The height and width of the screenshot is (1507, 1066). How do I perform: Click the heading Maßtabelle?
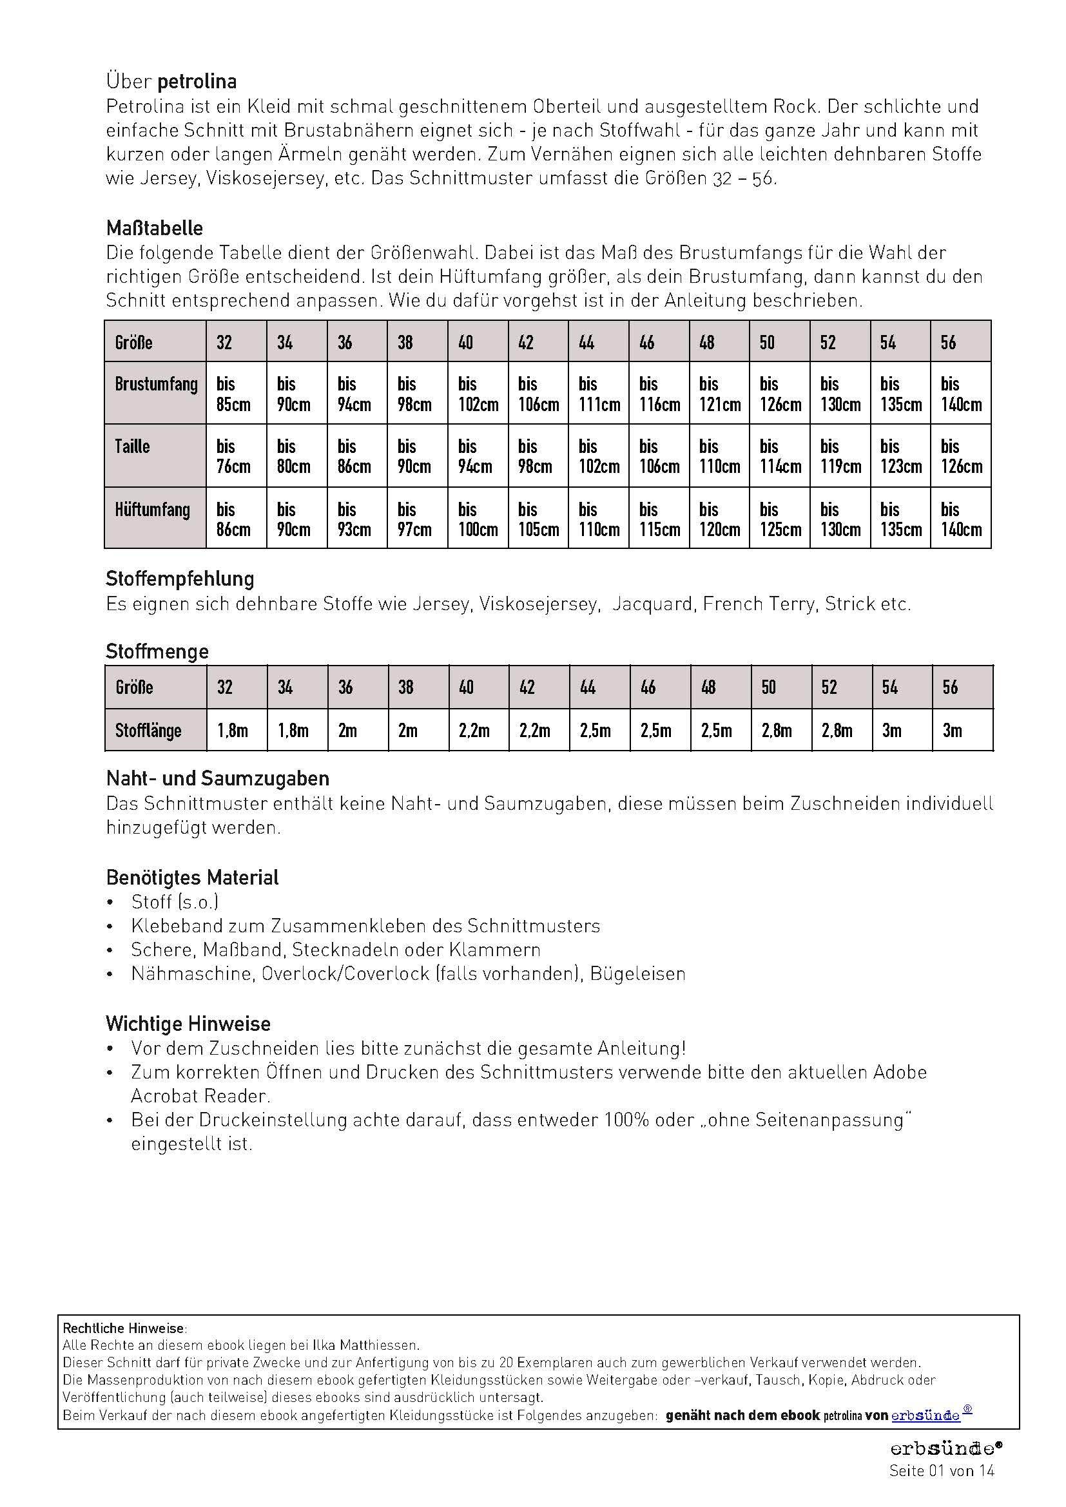tap(154, 229)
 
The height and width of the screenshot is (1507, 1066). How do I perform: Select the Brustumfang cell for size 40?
tap(478, 394)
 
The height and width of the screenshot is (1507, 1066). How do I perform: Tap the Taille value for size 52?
tap(840, 456)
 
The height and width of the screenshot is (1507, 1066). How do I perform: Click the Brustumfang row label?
tap(155, 384)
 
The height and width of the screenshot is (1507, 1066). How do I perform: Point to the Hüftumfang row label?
tap(152, 510)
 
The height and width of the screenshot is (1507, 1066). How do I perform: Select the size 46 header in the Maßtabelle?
tap(646, 342)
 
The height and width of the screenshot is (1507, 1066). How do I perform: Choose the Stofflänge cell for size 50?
tap(777, 730)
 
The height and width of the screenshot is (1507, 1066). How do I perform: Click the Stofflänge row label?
tap(148, 730)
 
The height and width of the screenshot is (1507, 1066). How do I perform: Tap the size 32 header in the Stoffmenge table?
tap(225, 687)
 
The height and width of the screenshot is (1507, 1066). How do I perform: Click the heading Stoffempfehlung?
tap(180, 579)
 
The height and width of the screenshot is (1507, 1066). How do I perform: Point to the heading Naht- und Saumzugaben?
tap(218, 778)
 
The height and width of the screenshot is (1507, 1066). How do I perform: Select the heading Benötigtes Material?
tap(192, 878)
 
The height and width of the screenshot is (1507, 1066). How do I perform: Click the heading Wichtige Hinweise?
tap(188, 1024)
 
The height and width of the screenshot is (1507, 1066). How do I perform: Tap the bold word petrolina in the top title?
tap(197, 82)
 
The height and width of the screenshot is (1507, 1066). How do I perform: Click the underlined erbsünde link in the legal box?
tap(925, 1416)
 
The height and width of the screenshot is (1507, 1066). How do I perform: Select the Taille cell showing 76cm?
tap(234, 456)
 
